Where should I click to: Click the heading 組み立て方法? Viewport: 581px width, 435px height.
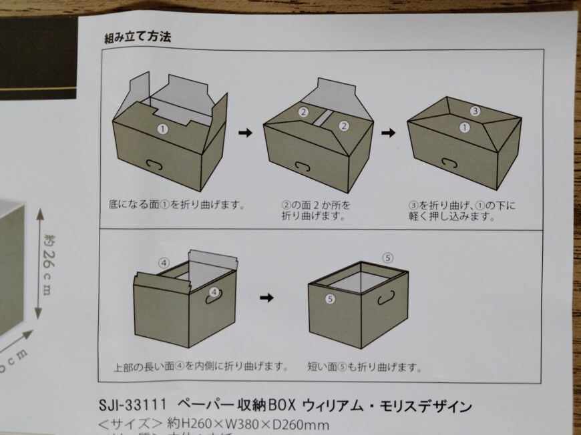click(x=138, y=37)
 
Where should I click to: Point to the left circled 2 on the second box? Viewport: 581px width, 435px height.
click(x=303, y=112)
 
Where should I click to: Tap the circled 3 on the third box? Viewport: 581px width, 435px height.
click(x=475, y=110)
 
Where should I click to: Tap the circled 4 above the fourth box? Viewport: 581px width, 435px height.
click(x=163, y=262)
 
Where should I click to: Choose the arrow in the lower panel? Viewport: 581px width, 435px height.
click(x=266, y=297)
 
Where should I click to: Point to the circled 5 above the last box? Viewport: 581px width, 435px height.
click(x=389, y=258)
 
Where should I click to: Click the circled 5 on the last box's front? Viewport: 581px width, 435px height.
click(x=329, y=300)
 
